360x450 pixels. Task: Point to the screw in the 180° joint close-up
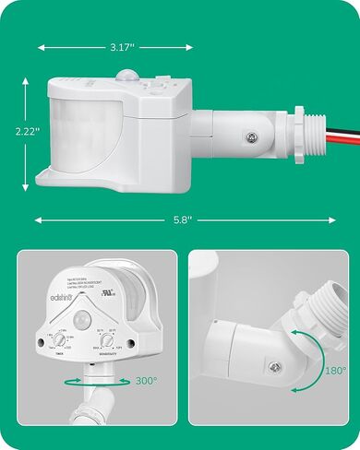274,368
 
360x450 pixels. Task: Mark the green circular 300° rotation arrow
89,380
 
